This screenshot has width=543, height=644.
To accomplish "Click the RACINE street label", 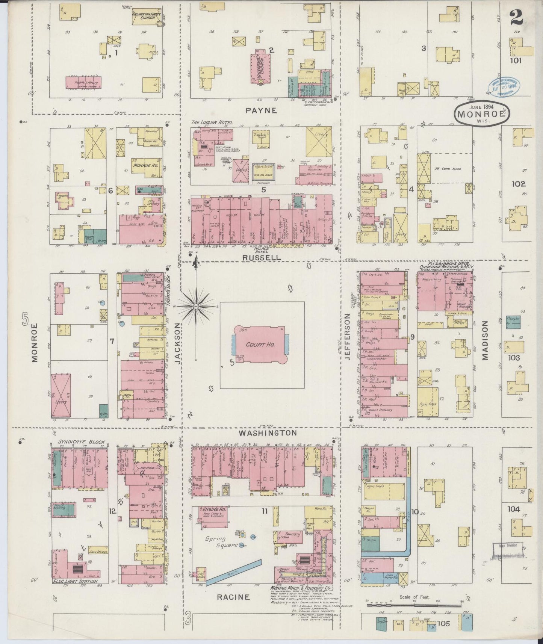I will [x=233, y=597].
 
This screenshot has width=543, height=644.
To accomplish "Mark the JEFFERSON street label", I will [x=347, y=337].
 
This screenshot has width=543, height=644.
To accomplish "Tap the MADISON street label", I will [x=485, y=340].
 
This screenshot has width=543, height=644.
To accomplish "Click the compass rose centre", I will [x=196, y=307].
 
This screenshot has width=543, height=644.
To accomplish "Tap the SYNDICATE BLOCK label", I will [x=81, y=442].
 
